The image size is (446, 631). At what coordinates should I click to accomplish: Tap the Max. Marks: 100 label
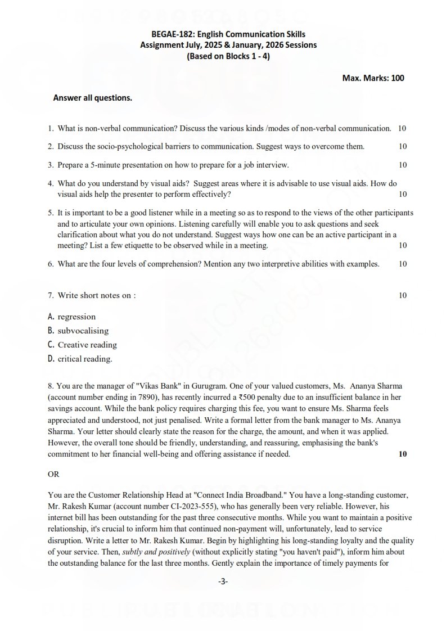pos(373,78)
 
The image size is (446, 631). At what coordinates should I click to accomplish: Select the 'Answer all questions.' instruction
pos(93,98)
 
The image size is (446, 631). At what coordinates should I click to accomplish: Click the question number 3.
pos(51,165)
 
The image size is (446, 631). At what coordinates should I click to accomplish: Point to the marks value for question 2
pos(403,146)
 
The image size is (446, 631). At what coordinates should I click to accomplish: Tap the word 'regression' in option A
pos(76,317)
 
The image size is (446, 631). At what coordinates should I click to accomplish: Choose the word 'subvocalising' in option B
pos(83,331)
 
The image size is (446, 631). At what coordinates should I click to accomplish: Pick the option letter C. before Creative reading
pos(51,345)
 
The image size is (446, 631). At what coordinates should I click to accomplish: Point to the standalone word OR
pos(53,474)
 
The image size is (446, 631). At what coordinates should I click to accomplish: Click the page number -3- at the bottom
pos(223,582)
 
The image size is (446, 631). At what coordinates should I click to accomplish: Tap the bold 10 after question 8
pos(403,454)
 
